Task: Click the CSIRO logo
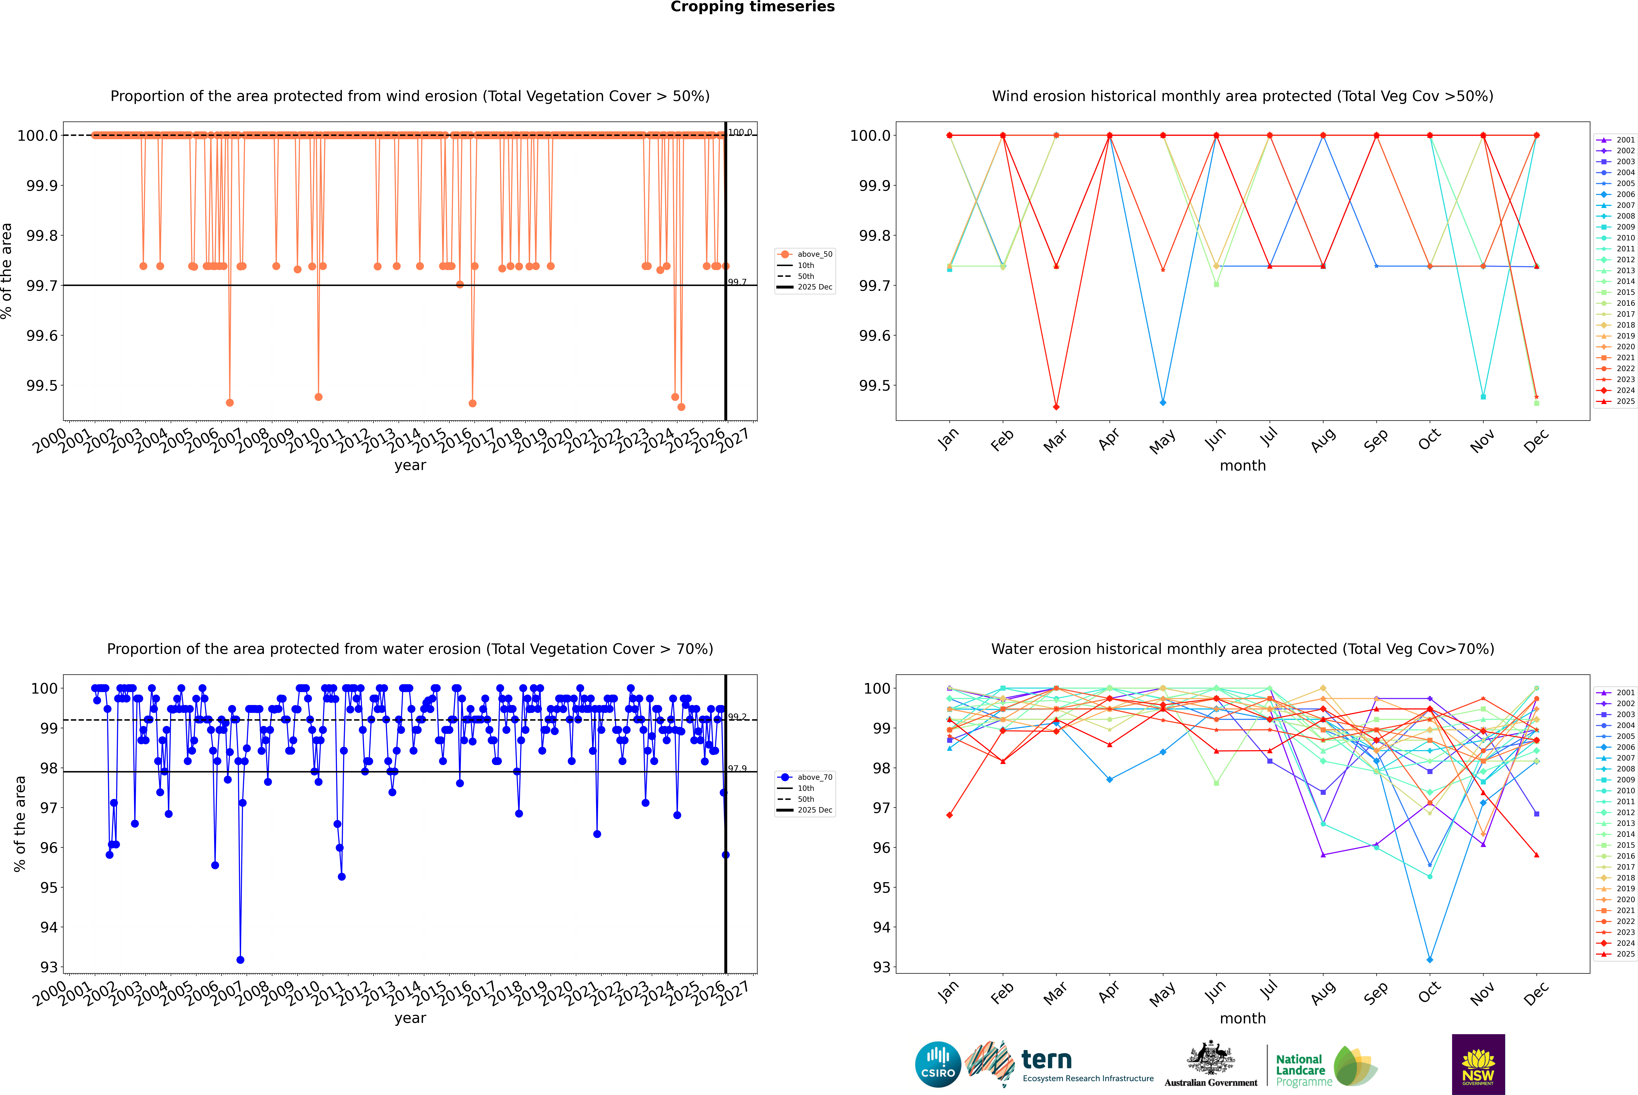coord(938,1064)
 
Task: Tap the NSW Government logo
coord(1478,1064)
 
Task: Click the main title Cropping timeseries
coord(752,7)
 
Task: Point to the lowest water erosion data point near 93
coord(240,959)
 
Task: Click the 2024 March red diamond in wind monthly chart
coord(1056,406)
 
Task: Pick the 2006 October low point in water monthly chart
coord(1429,959)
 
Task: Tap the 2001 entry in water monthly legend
coord(1625,693)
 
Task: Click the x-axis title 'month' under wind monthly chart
coord(1242,466)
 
